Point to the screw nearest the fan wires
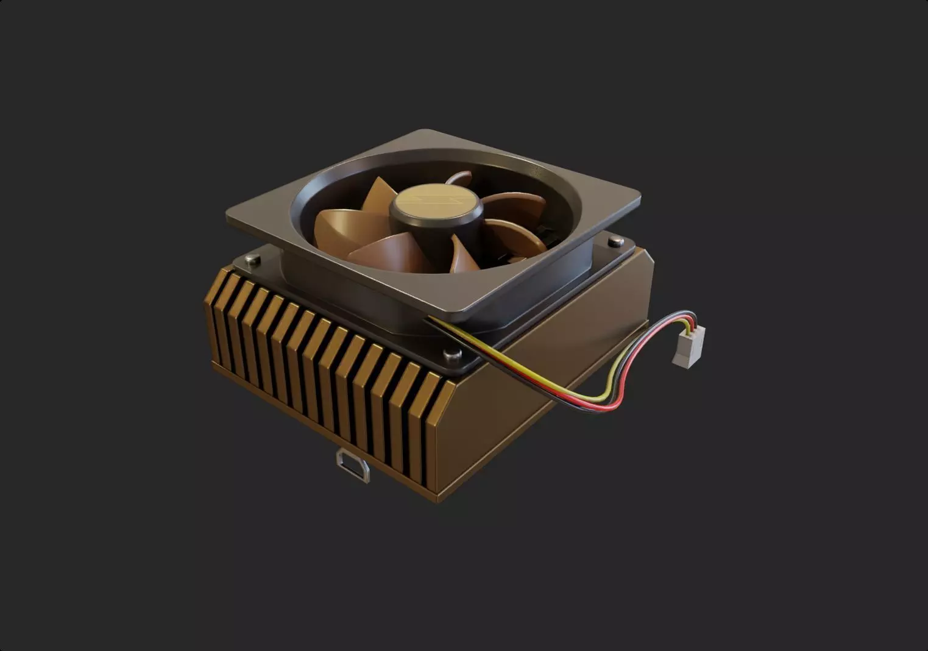click(452, 354)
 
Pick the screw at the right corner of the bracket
click(615, 242)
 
